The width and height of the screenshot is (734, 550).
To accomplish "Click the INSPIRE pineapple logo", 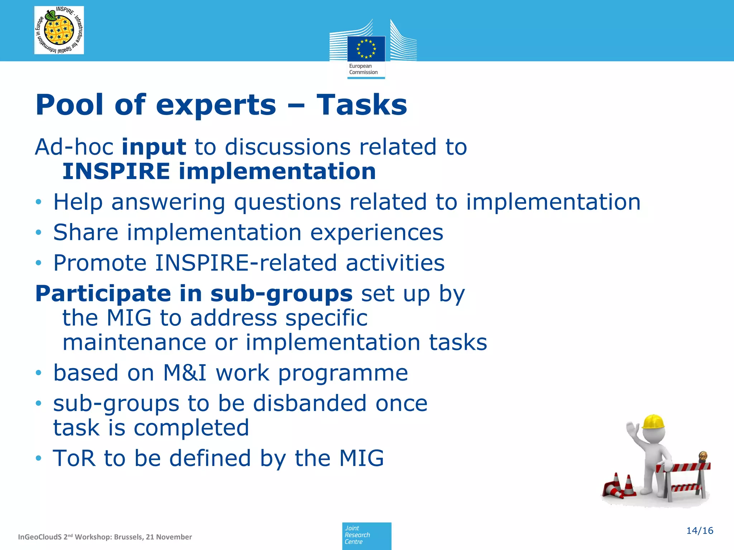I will click(59, 30).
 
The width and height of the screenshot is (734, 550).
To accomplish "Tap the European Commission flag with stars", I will click(366, 49).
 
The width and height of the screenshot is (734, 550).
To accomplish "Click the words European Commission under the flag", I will click(363, 69).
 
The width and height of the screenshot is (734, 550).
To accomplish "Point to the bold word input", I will click(154, 148).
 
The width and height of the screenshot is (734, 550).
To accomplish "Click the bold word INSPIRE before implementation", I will click(116, 171).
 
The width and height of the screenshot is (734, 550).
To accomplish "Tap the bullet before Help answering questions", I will click(39, 203).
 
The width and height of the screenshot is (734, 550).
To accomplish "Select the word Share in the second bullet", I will click(86, 232).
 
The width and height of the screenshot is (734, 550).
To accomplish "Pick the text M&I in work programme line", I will click(185, 373).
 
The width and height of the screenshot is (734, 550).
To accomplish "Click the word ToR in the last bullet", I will click(74, 458).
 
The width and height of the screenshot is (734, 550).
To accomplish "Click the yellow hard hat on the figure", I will click(653, 422).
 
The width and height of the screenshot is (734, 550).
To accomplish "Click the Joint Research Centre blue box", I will click(366, 535).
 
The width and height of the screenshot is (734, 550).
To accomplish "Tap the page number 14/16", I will click(699, 531).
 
